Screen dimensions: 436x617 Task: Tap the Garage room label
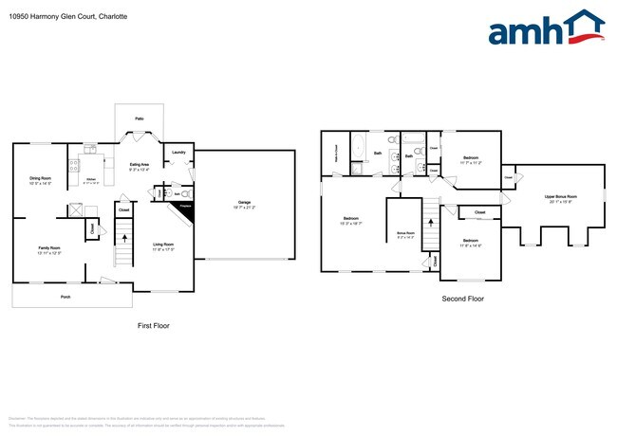(x=244, y=203)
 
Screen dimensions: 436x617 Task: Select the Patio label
(x=139, y=118)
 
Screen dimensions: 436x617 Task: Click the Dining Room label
(x=40, y=178)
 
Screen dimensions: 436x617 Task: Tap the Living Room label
(x=163, y=245)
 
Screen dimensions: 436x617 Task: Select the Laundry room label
(x=178, y=152)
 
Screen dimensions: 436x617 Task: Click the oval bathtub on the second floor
(x=358, y=150)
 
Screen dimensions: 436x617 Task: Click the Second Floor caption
(x=463, y=299)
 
